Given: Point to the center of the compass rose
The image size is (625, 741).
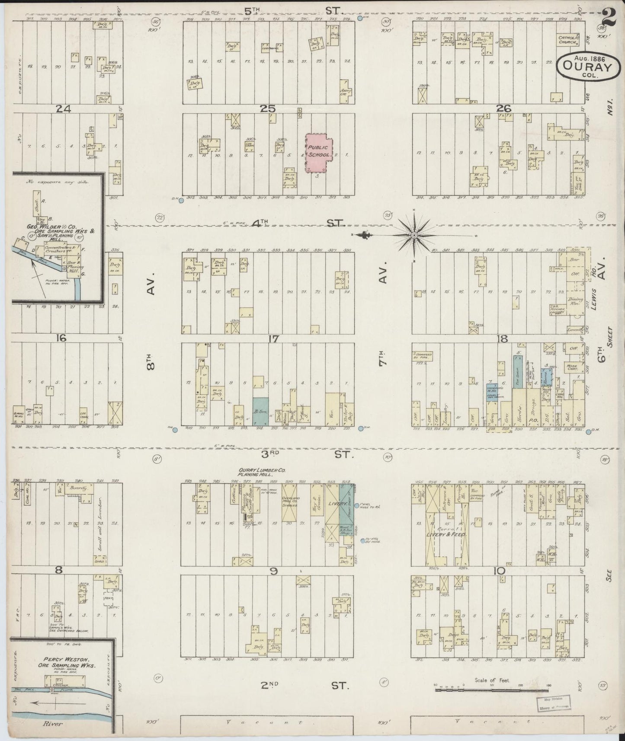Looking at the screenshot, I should point(414,235).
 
